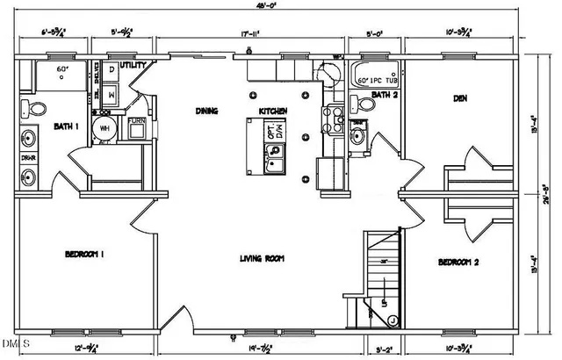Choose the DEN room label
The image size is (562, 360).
tap(458, 99)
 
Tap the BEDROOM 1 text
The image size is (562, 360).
tap(85, 255)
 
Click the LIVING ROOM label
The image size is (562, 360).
tap(265, 258)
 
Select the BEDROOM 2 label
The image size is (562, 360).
tap(458, 262)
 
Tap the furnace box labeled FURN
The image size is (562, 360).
tap(136, 127)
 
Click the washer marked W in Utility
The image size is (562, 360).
tap(112, 93)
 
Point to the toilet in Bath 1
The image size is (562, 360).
tap(36, 108)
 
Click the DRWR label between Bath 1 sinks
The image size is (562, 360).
tap(29, 158)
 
